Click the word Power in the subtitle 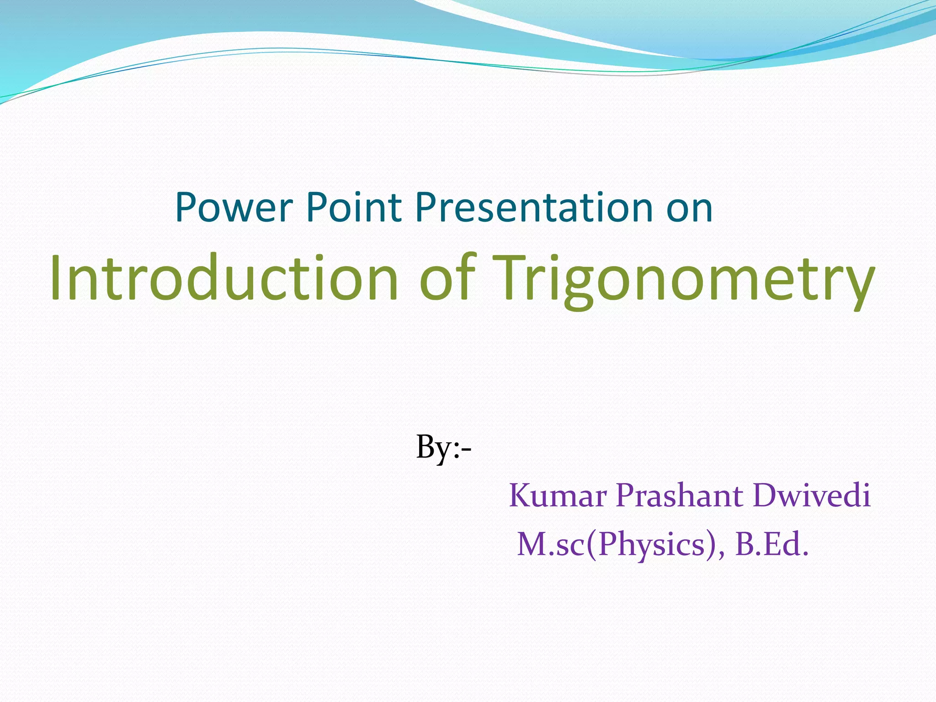click(x=234, y=208)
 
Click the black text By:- click(x=443, y=448)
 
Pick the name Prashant click(x=679, y=496)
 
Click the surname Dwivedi click(x=812, y=496)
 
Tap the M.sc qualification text click(x=551, y=545)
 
